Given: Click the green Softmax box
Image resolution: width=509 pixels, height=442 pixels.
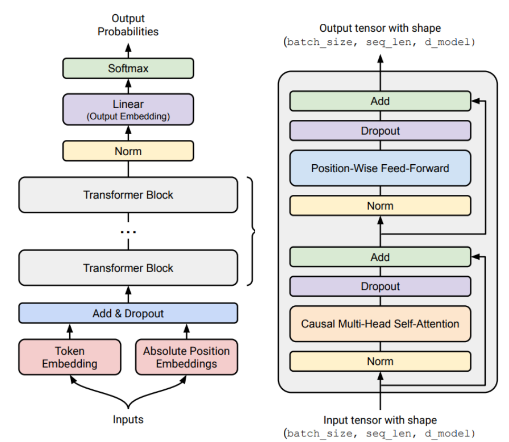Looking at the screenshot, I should coord(128,69).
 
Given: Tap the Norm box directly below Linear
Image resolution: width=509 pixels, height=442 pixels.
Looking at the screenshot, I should coord(128,151).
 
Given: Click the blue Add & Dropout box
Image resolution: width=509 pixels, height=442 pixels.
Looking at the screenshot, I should coord(128,313).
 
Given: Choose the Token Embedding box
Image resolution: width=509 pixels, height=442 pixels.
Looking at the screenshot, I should coord(69,357).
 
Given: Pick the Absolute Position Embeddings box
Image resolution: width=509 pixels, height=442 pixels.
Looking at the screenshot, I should coord(186,357).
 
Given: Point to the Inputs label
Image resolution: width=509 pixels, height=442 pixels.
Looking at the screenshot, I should coord(128,420).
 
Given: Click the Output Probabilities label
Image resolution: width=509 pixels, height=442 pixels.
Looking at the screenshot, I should coord(128,25).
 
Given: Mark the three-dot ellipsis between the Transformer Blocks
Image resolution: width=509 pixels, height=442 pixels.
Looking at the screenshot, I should coord(128,231).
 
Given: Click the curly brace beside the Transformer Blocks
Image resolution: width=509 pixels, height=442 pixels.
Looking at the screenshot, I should coord(252,231).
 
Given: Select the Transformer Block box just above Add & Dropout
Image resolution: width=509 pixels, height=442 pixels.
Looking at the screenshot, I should coord(128,268).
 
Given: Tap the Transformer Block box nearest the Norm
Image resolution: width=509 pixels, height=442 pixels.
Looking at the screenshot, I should coord(128,195).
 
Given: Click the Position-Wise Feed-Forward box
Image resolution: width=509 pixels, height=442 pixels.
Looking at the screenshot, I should coord(380,168).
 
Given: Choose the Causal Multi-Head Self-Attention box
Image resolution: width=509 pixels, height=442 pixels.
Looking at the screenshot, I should coord(380,323).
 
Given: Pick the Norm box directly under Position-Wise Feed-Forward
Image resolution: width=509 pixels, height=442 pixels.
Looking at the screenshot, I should coord(380,205).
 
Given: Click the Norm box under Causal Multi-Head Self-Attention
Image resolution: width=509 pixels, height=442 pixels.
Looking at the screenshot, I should coord(380,361).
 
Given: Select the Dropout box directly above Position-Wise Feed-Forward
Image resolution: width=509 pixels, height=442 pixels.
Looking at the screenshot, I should coord(380,131).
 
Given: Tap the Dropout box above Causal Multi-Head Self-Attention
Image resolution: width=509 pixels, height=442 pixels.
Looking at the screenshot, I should coord(380,286).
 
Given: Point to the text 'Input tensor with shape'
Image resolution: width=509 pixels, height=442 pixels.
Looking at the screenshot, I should coord(380,420).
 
